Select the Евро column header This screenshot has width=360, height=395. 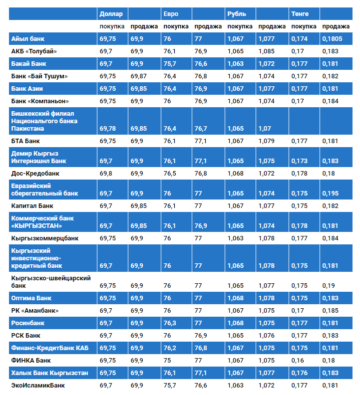pos(170,14)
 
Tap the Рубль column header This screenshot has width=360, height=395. pos(236,14)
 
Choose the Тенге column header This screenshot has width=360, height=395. pos(300,14)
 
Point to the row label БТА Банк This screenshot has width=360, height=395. pos(25,141)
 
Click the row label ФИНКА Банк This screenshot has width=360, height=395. pos(30,360)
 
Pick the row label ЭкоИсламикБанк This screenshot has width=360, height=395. pos(38,385)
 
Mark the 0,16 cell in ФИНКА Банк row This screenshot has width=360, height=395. pos(298,360)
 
